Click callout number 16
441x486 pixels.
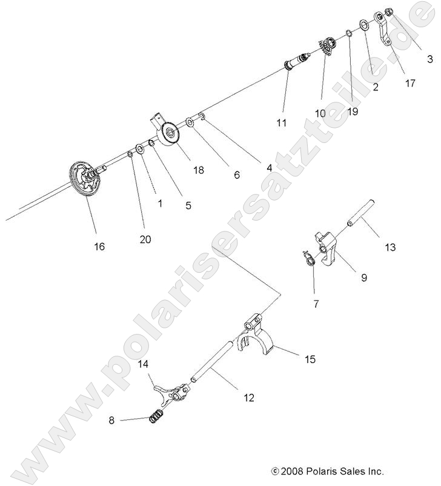click(99, 246)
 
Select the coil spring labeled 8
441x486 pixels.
click(157, 417)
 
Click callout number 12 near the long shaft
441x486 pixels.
click(248, 398)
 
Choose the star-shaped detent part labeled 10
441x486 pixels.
click(327, 46)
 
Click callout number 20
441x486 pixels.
click(145, 239)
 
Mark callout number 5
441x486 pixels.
click(188, 205)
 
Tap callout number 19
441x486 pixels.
click(353, 111)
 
